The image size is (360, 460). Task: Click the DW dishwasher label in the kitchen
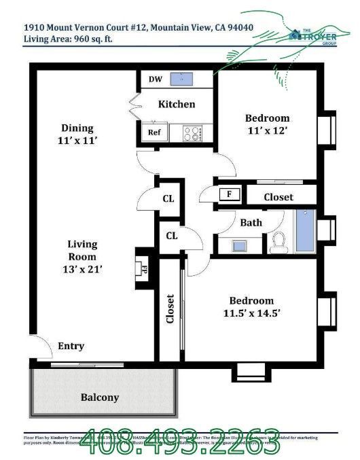[x=155, y=79]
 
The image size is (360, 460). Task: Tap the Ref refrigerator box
[x=154, y=132]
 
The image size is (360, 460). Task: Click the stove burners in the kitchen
[x=193, y=133]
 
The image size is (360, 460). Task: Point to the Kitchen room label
[x=177, y=104]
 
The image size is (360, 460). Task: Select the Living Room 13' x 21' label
[x=82, y=257]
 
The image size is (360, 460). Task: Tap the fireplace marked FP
[x=144, y=268]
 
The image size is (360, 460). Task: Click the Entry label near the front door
[x=71, y=346]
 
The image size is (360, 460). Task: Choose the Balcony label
[x=100, y=397]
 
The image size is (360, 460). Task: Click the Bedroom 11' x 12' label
[x=267, y=124]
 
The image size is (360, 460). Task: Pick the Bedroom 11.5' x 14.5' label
[x=251, y=306]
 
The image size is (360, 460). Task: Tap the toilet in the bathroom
[x=278, y=241]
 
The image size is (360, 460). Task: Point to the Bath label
[x=251, y=222]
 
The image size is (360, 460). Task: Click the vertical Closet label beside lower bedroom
[x=170, y=309]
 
